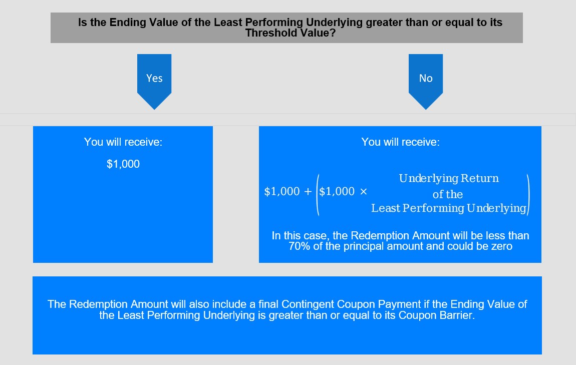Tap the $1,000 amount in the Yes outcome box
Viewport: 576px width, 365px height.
click(x=123, y=164)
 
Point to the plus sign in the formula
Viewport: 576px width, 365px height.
click(x=308, y=191)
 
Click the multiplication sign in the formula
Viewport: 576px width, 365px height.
click(x=363, y=191)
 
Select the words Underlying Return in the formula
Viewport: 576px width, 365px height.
click(x=449, y=178)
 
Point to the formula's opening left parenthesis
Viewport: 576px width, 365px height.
click(x=318, y=195)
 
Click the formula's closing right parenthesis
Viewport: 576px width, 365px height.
click(x=528, y=195)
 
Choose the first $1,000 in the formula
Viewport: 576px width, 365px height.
click(x=282, y=191)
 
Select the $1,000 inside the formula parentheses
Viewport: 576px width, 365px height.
click(x=337, y=191)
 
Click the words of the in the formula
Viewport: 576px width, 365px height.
click(x=448, y=194)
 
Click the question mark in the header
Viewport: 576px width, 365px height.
click(x=333, y=33)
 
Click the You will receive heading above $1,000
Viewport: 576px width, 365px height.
click(x=123, y=142)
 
